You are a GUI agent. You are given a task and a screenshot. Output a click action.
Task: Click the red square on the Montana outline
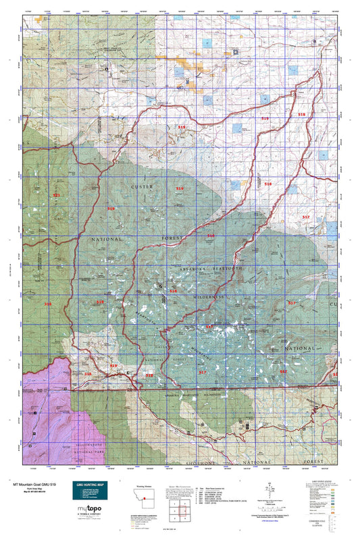tap(144, 500)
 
